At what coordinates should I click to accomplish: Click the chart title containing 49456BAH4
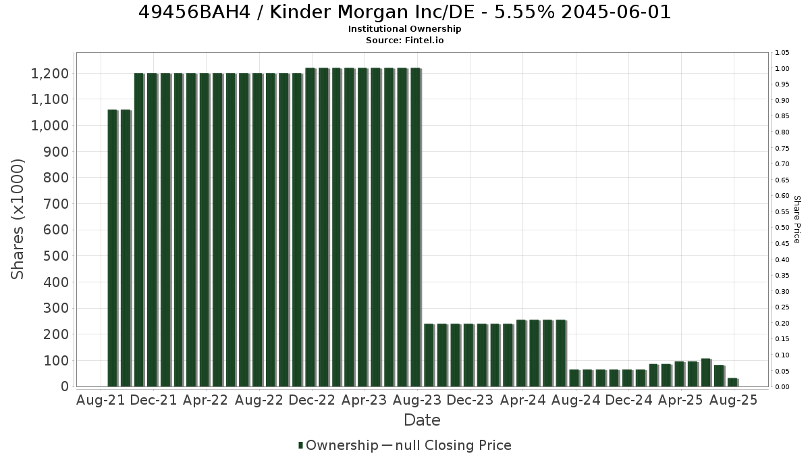coord(404,12)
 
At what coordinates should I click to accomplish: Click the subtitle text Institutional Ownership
coord(404,29)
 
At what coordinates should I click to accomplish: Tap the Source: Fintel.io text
coord(404,40)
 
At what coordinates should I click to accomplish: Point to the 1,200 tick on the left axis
coord(50,74)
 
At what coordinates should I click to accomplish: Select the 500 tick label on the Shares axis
coord(55,256)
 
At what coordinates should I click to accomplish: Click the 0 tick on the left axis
coord(65,386)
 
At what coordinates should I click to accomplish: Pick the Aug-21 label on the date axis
coord(101,400)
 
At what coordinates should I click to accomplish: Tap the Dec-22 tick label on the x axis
coord(312,400)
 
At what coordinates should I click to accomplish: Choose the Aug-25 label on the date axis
coord(733,400)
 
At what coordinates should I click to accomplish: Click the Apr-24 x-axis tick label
coord(522,400)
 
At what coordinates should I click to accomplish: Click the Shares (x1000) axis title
coord(18,220)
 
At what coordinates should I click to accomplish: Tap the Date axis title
coord(422,420)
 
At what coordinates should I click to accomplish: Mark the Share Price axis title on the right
coord(796,220)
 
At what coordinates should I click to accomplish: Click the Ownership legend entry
coord(338,445)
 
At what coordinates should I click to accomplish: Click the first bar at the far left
coord(113,249)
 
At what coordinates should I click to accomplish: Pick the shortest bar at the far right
coord(733,382)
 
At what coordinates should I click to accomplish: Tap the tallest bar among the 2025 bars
coord(707,373)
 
